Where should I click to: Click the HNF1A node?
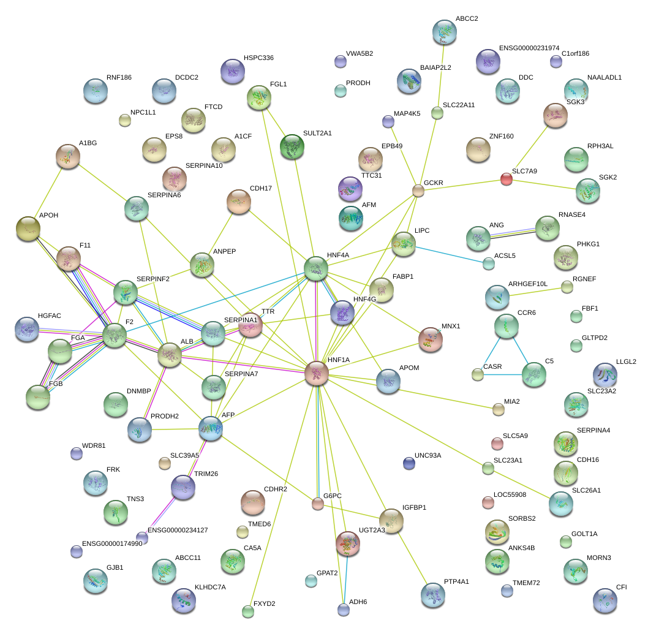click(317, 373)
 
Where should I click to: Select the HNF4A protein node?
click(316, 268)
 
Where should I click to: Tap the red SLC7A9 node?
click(507, 179)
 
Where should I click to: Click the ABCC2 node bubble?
click(444, 32)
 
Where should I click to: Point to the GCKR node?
click(418, 191)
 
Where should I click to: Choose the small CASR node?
click(478, 374)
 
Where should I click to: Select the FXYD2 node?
click(248, 611)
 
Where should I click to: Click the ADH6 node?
click(344, 609)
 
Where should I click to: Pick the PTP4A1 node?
click(433, 595)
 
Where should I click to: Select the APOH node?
click(28, 229)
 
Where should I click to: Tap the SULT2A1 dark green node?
click(292, 146)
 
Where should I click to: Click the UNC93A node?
click(409, 463)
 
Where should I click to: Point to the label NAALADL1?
click(604, 78)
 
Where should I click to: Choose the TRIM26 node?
click(183, 487)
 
